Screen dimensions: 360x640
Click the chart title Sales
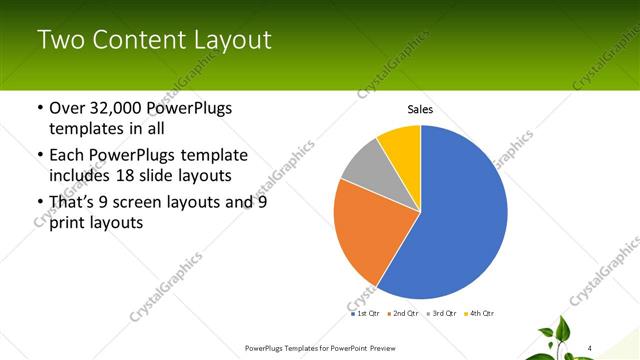[x=420, y=110]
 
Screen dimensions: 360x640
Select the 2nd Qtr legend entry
[x=405, y=313]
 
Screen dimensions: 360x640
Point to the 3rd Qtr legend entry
[x=443, y=313]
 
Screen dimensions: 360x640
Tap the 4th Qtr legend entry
[x=481, y=313]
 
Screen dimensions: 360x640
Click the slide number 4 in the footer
[x=589, y=348]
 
